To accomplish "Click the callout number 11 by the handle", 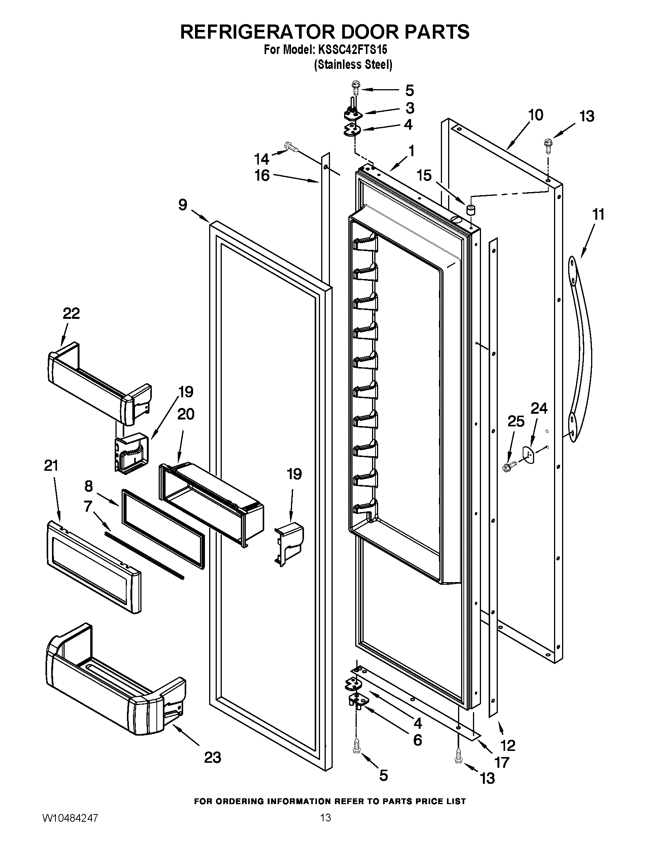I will (598, 214).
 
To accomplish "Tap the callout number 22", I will (71, 313).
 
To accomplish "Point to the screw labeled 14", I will (291, 147).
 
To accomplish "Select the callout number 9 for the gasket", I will (182, 205).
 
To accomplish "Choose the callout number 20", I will (186, 414).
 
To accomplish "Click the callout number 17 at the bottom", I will (502, 762).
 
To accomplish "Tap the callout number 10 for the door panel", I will (536, 115).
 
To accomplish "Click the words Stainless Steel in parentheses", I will (353, 64).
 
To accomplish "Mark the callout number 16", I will (262, 176).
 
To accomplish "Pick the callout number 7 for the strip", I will (88, 506).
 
